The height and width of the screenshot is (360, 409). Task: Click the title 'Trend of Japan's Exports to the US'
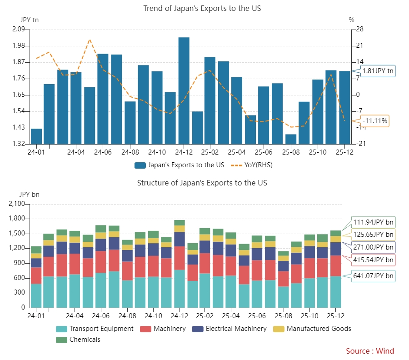tap(202, 8)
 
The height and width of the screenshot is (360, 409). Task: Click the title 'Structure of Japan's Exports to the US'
tap(202, 183)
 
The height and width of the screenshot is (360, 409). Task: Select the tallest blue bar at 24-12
tap(184, 90)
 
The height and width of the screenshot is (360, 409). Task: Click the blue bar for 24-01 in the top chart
tap(36, 136)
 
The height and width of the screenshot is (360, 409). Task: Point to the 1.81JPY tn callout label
tap(378, 70)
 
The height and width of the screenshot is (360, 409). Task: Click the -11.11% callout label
tap(375, 120)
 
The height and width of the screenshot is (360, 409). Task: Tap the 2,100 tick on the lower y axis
tap(16, 204)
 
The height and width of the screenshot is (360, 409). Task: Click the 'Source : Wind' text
tap(370, 351)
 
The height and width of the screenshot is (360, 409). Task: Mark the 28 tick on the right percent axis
tap(360, 30)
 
